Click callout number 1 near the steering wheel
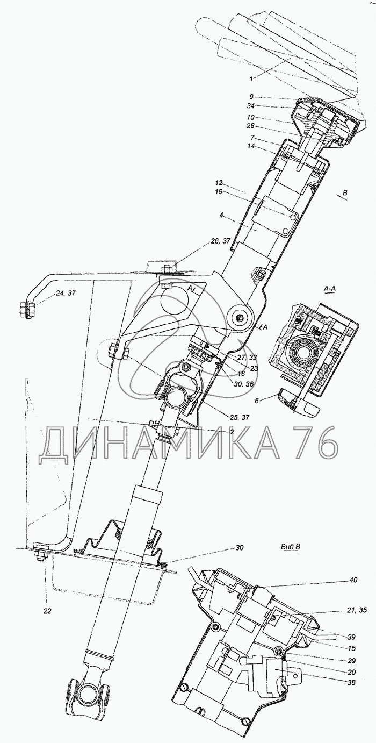click(251, 79)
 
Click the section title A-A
click(330, 289)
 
